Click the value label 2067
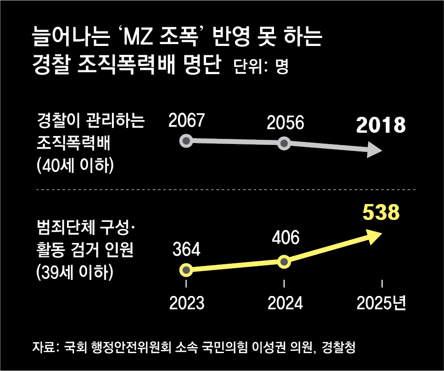tap(187, 121)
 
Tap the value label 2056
tap(285, 123)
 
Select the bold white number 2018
tap(380, 126)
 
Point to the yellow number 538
tap(381, 212)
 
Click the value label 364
tap(186, 250)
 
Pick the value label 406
tap(285, 238)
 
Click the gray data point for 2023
tap(186, 141)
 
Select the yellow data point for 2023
tap(186, 270)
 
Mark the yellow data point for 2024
tap(284, 262)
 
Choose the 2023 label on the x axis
tap(187, 303)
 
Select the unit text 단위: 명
tap(260, 67)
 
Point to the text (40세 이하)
tap(75, 166)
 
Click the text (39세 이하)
tap(75, 273)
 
